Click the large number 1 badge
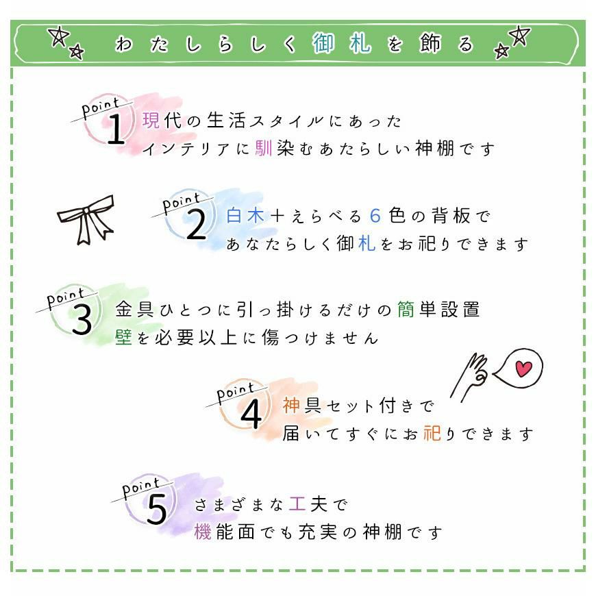click(x=116, y=129)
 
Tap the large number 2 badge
click(x=197, y=224)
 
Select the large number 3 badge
click(x=82, y=320)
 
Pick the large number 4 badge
click(x=251, y=414)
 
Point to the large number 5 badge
click(x=157, y=509)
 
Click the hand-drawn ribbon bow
click(x=86, y=219)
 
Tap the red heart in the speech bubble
click(x=523, y=369)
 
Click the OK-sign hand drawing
click(x=469, y=375)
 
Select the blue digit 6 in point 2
click(x=375, y=216)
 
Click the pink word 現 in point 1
click(x=151, y=120)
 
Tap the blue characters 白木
click(x=245, y=216)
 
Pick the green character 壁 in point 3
click(x=123, y=337)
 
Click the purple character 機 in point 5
click(x=203, y=531)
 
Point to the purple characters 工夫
click(x=308, y=504)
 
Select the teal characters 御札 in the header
click(x=341, y=43)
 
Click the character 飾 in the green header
click(x=431, y=43)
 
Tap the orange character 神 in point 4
click(x=291, y=405)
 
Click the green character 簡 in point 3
click(x=406, y=310)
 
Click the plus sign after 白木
click(x=277, y=216)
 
